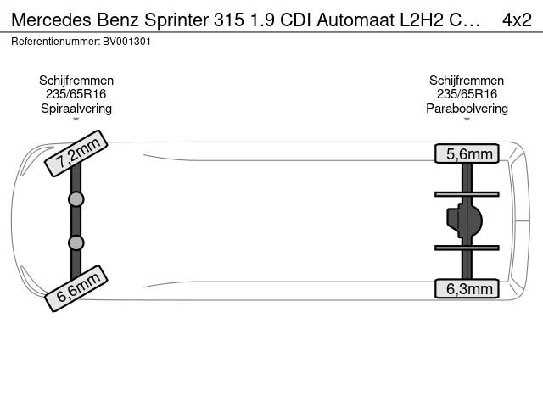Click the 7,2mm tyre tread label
pos(76,153)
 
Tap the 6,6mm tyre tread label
pos(76,288)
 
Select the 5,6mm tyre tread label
pos(467,153)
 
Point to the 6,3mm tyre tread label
pos(467,288)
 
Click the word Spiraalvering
pos(76,109)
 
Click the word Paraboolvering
pos(467,109)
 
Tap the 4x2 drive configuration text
pos(517,20)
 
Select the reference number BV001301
pos(126,42)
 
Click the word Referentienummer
pos(55,42)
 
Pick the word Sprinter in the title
pos(176,20)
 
